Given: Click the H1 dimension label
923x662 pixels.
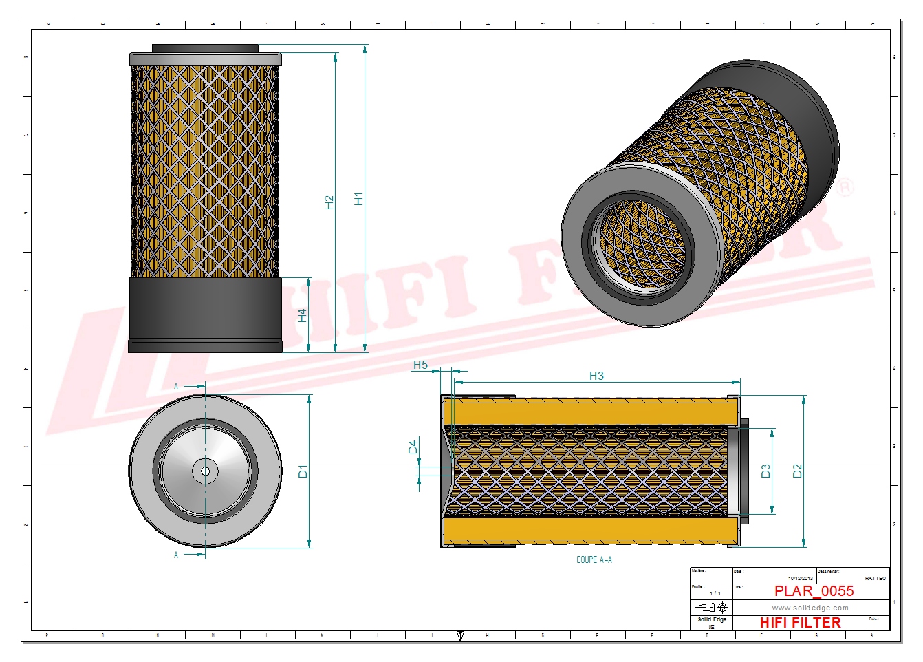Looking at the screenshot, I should [x=358, y=198].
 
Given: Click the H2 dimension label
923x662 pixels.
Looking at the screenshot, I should [x=329, y=202].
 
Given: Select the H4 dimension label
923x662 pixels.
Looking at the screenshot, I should [x=302, y=315].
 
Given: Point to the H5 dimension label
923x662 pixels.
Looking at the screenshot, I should [x=420, y=365].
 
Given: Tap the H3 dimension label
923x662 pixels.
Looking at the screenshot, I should [x=596, y=376].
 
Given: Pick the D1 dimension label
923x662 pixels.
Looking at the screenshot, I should [x=303, y=471].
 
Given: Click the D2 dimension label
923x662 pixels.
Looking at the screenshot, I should [x=797, y=471].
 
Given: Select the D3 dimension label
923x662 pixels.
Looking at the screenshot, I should [x=765, y=471].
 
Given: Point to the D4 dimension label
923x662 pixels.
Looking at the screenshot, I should [x=413, y=447].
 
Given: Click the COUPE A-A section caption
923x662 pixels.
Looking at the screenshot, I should [x=594, y=559].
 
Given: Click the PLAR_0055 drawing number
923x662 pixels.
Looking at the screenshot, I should [x=814, y=591].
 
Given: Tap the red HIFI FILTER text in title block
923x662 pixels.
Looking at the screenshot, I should [x=800, y=622].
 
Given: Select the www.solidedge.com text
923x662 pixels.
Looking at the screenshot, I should [x=810, y=608].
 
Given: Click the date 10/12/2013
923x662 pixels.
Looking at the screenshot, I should [x=800, y=578].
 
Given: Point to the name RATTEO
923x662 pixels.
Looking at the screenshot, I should [x=875, y=578].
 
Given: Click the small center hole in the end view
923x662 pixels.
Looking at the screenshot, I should [x=205, y=471].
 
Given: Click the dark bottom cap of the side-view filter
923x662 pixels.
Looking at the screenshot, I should [x=205, y=315].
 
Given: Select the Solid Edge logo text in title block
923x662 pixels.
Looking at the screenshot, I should [x=711, y=620].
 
